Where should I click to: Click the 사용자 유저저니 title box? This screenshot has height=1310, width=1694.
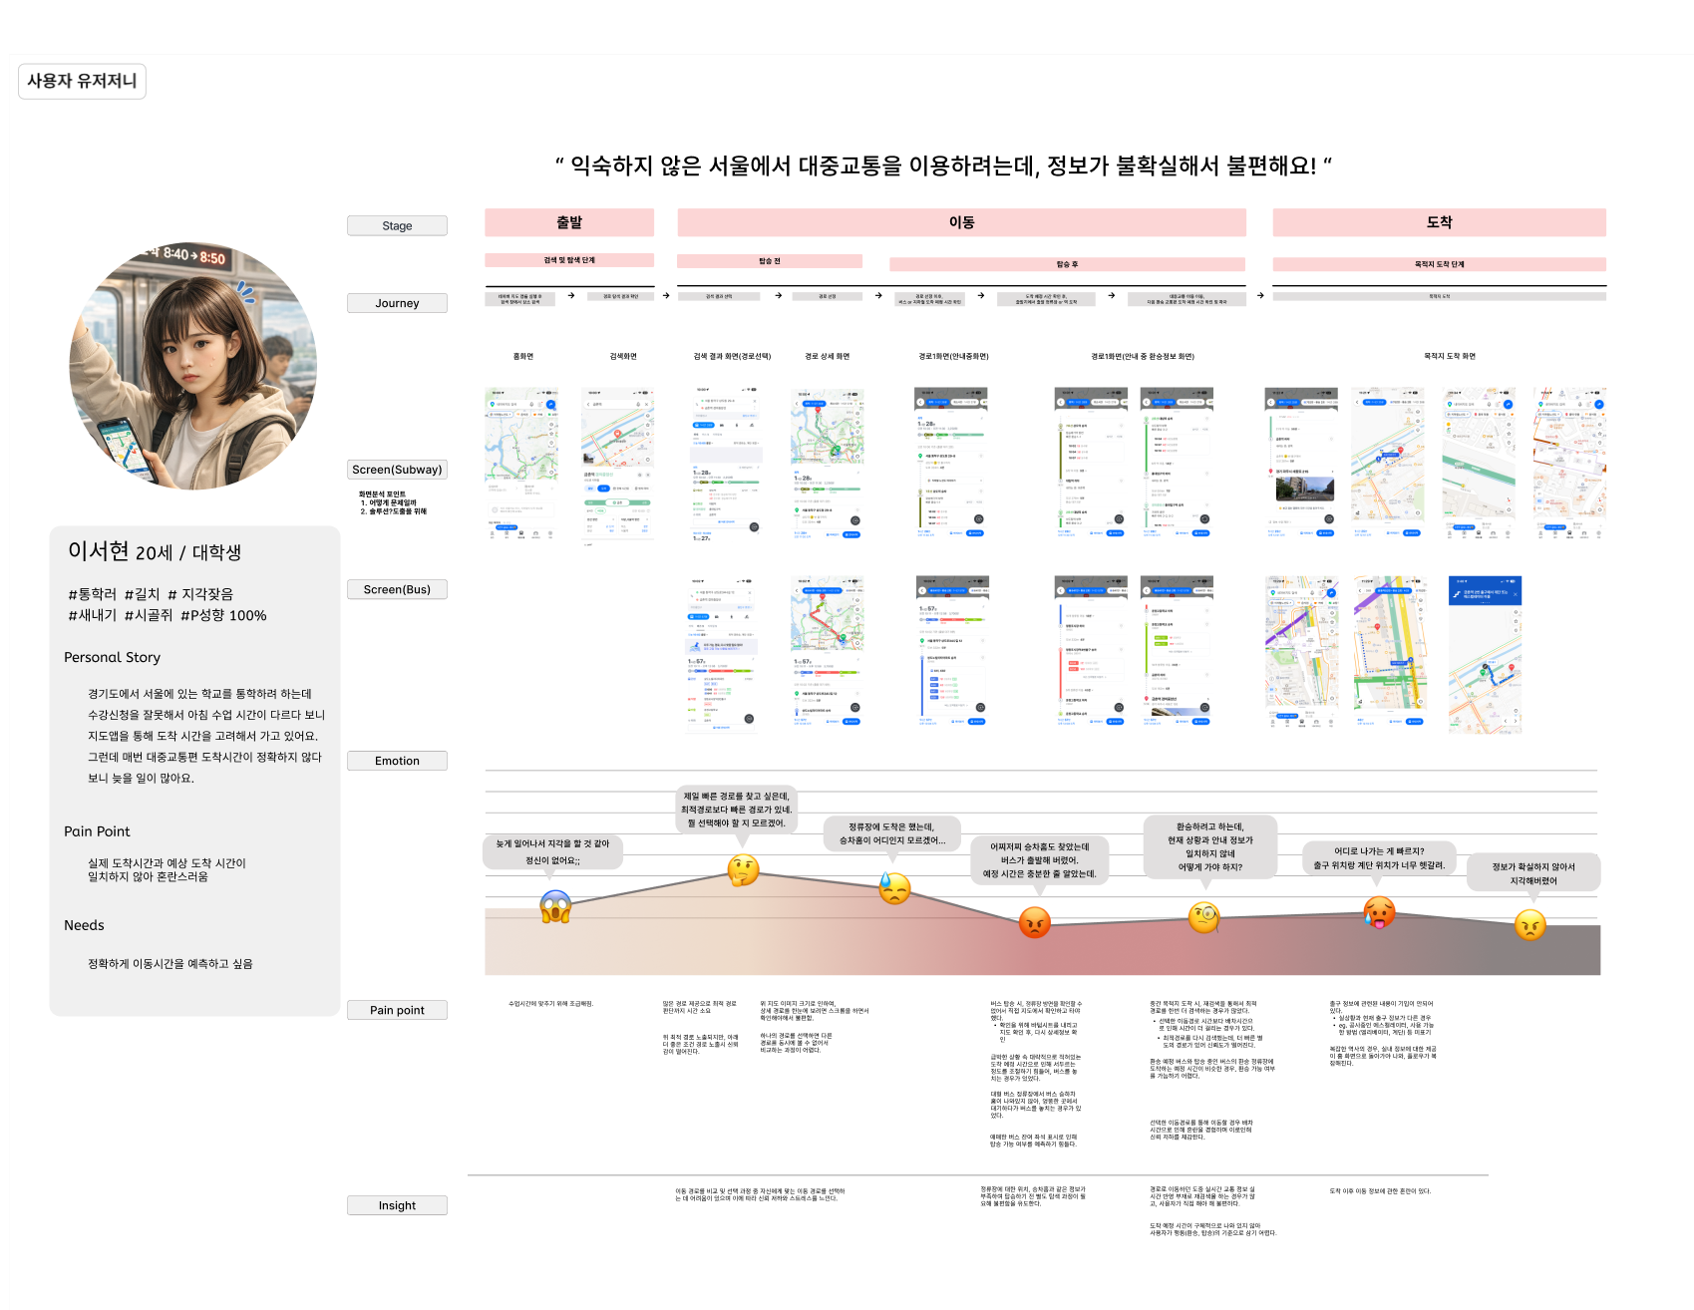click(82, 81)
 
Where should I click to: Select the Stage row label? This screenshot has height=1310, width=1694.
click(397, 226)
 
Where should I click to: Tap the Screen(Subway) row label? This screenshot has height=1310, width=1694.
click(397, 470)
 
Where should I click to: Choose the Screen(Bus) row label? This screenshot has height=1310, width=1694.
click(397, 589)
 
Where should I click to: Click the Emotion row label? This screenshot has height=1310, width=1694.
click(397, 761)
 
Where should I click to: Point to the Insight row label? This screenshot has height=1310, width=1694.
click(397, 1205)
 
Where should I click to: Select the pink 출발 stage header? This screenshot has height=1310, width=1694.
click(569, 222)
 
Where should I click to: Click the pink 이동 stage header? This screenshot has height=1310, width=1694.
click(961, 222)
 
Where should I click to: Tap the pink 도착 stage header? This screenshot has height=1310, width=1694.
click(1439, 222)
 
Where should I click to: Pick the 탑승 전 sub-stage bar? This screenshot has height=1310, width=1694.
click(769, 261)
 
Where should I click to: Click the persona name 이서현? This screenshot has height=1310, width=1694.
click(98, 551)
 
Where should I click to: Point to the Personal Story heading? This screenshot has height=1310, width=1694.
click(112, 657)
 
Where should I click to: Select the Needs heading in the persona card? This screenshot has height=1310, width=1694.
click(84, 925)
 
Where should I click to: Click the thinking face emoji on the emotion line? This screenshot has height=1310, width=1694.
click(743, 871)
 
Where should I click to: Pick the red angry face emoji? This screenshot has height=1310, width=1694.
click(1035, 922)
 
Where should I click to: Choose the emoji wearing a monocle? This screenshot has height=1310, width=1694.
click(1204, 917)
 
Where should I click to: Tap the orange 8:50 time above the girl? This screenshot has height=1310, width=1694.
click(212, 258)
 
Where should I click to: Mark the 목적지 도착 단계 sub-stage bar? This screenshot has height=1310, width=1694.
click(1439, 264)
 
